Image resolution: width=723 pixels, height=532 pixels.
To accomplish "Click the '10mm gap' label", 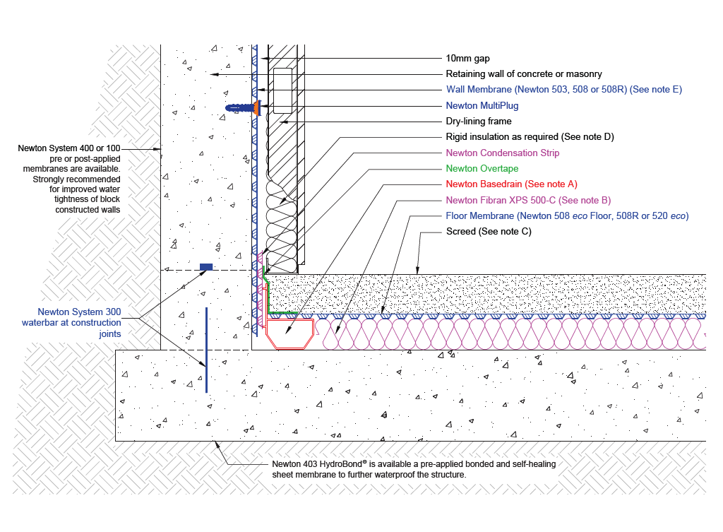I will point(467,59).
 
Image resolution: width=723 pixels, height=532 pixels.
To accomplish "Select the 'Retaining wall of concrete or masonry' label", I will point(523,74).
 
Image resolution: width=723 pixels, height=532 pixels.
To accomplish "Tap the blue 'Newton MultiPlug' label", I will point(482,106).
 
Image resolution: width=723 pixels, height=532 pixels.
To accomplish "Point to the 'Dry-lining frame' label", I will point(479,122).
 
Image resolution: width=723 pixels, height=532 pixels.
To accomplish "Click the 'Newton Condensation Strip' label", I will point(503,153).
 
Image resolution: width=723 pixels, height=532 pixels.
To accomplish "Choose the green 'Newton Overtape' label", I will point(482,169).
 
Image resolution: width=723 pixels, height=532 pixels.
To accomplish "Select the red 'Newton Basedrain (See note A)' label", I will point(511,184).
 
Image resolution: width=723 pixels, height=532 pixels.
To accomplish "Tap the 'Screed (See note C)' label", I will point(489,232).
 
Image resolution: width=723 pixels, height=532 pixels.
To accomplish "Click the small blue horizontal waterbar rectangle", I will point(206,267).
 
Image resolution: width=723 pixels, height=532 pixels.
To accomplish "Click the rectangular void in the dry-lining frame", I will point(283,90).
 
